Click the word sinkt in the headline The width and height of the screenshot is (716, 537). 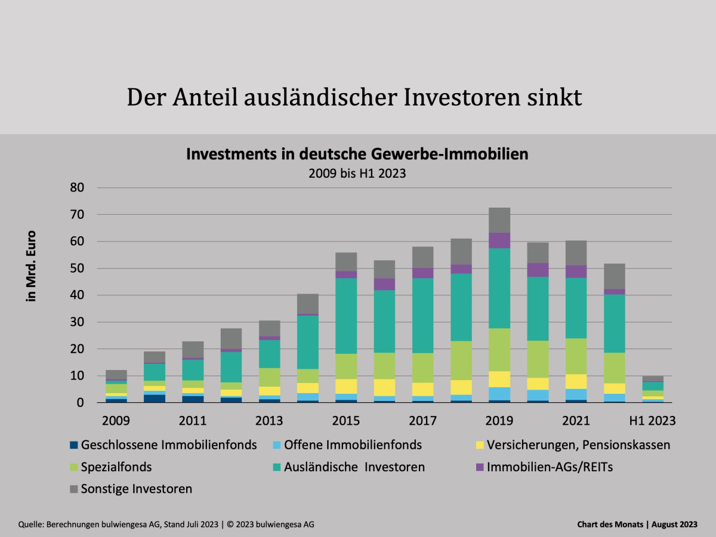click(552, 97)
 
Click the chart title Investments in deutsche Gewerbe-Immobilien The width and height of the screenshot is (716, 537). click(357, 155)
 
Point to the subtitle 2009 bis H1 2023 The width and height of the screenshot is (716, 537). click(357, 174)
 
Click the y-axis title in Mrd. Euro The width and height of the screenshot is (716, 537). click(32, 266)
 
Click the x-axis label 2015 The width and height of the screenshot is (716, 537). click(345, 421)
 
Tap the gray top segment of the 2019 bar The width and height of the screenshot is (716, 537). click(499, 220)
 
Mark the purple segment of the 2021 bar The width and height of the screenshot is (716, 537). click(576, 271)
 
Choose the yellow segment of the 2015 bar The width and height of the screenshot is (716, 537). click(345, 386)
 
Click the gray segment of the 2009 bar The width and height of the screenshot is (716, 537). click(116, 375)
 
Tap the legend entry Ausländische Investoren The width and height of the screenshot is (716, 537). click(354, 467)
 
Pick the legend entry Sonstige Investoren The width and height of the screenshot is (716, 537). click(137, 489)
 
